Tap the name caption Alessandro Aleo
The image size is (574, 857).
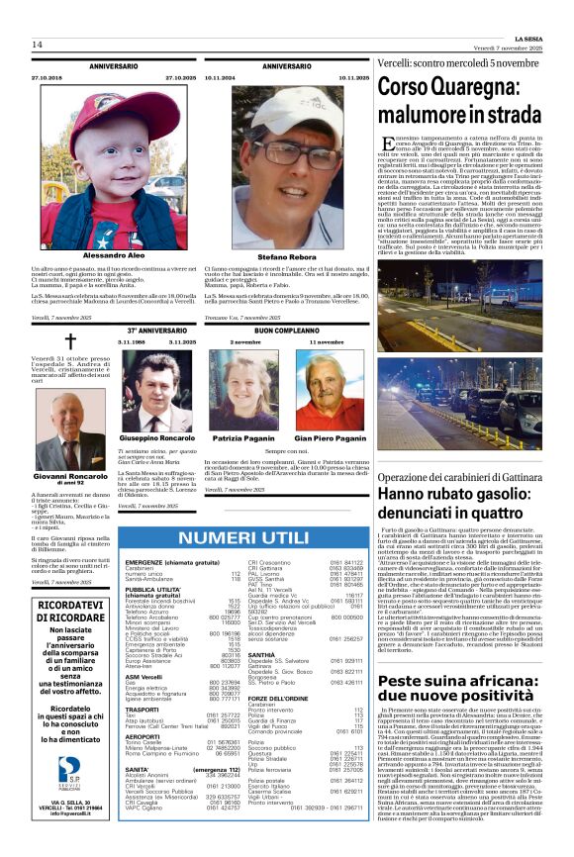coord(113,255)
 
